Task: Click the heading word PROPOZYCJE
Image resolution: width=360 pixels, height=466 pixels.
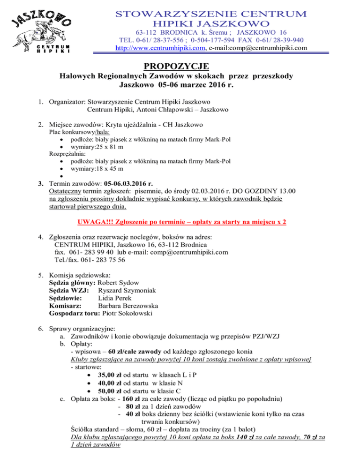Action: (x=180, y=66)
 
